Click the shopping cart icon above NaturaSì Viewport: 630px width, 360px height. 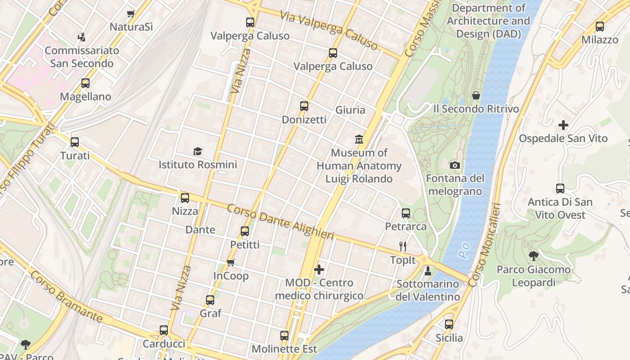[130, 13]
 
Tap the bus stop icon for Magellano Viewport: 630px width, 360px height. [85, 83]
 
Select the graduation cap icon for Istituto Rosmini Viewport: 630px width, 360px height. [198, 151]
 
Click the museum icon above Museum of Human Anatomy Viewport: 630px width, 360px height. [359, 139]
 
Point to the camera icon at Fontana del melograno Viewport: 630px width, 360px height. [455, 165]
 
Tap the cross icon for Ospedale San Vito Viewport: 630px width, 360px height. [563, 125]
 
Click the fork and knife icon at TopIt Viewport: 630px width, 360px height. [403, 246]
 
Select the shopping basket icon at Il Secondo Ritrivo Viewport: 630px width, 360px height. [476, 95]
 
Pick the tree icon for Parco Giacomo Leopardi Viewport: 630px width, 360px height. [533, 256]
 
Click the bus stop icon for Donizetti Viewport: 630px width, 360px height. [304, 106]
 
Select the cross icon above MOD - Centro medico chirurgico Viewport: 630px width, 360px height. [319, 270]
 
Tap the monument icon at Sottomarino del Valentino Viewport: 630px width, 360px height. [427, 271]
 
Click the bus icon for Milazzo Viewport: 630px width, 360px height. [599, 27]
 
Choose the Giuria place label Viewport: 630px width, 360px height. [350, 110]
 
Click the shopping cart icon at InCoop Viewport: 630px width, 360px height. [231, 262]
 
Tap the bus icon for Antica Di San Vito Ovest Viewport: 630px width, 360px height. [560, 189]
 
